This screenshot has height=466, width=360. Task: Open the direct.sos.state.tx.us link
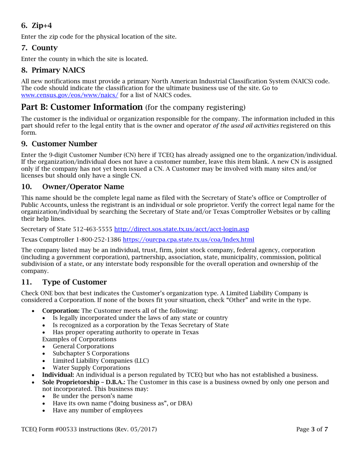[182, 229]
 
